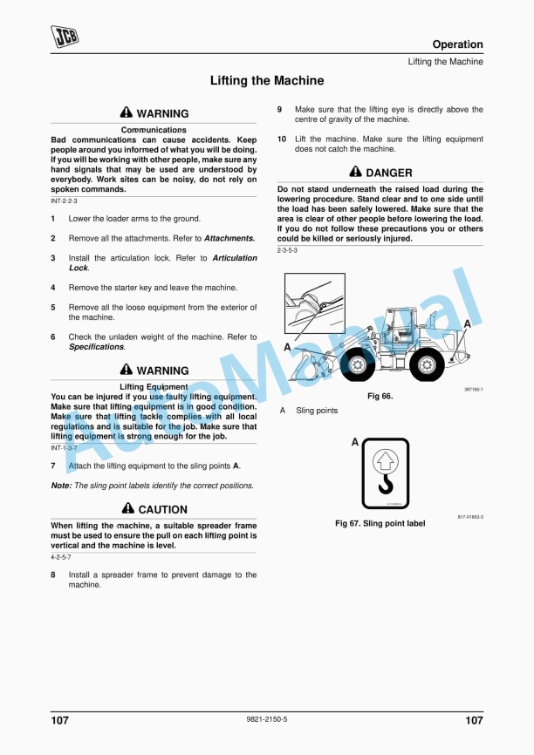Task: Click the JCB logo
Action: (x=65, y=37)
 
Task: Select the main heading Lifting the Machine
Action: (x=267, y=81)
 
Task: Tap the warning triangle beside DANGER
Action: (x=355, y=173)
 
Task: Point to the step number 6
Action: (x=53, y=337)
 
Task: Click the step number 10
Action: (x=282, y=139)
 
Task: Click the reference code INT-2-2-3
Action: (x=64, y=201)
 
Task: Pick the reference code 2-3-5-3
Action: (x=287, y=250)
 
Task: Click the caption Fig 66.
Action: (x=380, y=397)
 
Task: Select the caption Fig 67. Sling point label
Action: (x=380, y=524)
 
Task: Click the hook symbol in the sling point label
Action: (x=385, y=480)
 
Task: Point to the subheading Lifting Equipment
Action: (x=154, y=386)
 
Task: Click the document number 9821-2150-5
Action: (x=267, y=719)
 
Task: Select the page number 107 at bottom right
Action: (x=474, y=720)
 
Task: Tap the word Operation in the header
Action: (x=457, y=44)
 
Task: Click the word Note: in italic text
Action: (x=61, y=486)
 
